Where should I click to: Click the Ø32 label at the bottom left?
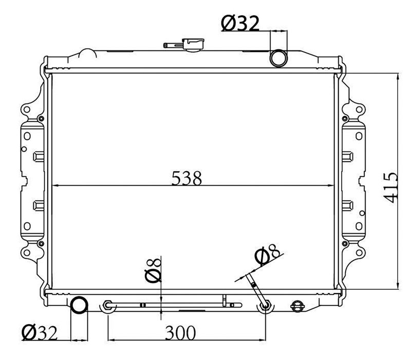(x=39, y=333)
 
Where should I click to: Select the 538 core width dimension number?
(x=186, y=178)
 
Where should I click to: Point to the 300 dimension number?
(x=180, y=333)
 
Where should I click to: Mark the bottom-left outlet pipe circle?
(x=79, y=305)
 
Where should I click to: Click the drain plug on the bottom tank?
(x=297, y=305)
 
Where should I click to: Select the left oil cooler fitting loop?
(x=107, y=305)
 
